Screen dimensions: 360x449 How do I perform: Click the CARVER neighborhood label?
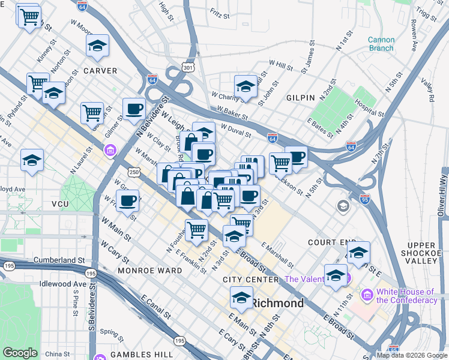[100, 71]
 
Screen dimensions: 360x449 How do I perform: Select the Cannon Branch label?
[381, 44]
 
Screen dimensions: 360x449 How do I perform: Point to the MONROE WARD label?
[149, 271]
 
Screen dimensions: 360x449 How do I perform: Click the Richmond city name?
[277, 303]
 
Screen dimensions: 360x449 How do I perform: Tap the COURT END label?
[332, 242]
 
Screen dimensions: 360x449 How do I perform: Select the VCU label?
[61, 204]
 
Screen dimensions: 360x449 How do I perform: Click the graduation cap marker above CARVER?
[97, 46]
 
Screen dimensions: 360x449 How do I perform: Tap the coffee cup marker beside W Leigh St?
[134, 109]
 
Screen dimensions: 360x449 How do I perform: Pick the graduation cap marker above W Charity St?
[245, 86]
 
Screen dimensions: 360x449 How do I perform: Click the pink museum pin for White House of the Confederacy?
[367, 295]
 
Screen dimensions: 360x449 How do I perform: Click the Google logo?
[20, 353]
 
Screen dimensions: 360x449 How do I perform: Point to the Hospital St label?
[369, 108]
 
